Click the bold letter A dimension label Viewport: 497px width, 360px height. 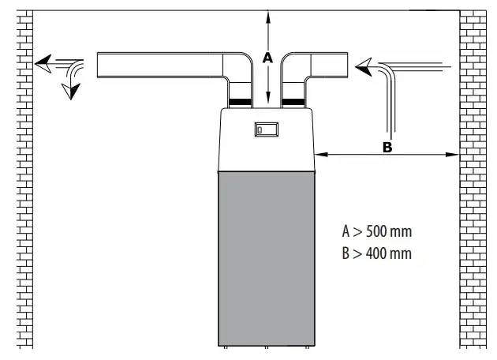coord(267,58)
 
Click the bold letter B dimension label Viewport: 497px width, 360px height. coord(387,147)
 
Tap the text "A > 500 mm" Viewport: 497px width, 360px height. coord(377,231)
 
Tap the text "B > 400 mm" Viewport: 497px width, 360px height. coord(377,253)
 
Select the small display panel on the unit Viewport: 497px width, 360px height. coord(267,129)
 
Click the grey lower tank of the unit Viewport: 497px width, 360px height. coord(267,258)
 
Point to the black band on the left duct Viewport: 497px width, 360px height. coord(240,102)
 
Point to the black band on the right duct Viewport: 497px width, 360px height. coord(293,102)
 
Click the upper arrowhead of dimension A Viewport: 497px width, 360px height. coord(268,17)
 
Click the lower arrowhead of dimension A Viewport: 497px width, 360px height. coord(268,98)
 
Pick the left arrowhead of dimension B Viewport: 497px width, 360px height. coord(321,155)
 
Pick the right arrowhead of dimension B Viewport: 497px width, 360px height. coord(452,155)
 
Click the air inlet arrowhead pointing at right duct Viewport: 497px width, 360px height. coord(364,67)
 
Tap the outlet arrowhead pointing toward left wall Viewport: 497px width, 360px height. coord(43,64)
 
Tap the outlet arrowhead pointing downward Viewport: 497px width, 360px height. coord(71,92)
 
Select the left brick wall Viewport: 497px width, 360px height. coord(24,179)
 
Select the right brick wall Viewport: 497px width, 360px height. coord(473,179)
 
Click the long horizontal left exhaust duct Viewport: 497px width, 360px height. coord(160,65)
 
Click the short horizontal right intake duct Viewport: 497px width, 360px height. coord(329,65)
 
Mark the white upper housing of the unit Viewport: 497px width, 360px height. coord(267,140)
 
